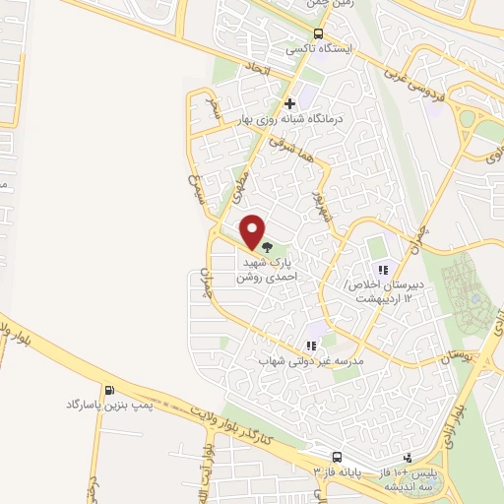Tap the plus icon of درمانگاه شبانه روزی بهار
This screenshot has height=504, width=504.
289,102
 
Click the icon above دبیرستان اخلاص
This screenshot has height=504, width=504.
382,269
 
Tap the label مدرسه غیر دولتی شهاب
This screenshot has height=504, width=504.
311,361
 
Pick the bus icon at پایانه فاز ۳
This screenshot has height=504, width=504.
337,458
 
